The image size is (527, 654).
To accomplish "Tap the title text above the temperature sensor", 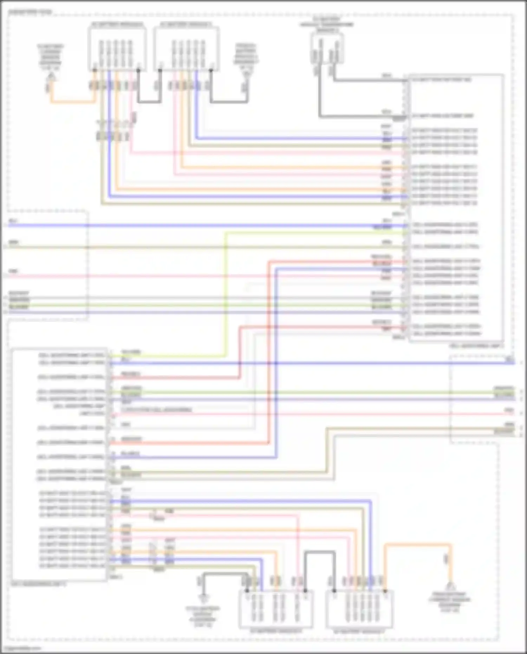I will click(x=326, y=25).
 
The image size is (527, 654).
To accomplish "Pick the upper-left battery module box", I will click(x=117, y=49).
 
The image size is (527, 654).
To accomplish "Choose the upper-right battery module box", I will click(x=186, y=49).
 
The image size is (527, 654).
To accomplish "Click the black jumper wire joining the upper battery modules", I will click(x=149, y=102).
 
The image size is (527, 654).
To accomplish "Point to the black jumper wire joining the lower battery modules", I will click(x=320, y=553).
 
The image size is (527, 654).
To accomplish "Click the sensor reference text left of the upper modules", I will click(x=51, y=56).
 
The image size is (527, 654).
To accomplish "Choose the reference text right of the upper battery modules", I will click(x=246, y=58).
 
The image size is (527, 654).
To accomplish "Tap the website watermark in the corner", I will click(x=23, y=648).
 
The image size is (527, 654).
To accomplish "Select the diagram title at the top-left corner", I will click(x=30, y=12).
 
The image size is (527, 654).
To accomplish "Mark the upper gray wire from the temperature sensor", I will click(x=369, y=80).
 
